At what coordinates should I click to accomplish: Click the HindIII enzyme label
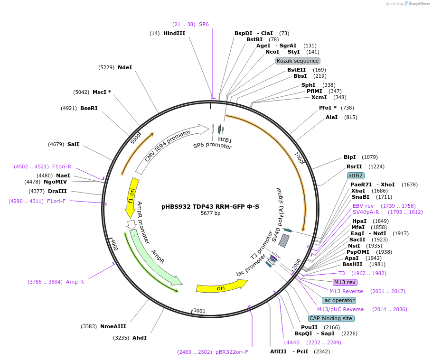pos(174,33)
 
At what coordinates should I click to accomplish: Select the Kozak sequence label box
pos(298,61)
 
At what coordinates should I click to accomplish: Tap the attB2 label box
pos(356,175)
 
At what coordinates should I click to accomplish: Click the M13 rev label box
pos(345,282)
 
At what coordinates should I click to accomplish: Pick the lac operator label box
pos(338,300)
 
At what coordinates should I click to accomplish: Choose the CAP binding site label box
pos(330,318)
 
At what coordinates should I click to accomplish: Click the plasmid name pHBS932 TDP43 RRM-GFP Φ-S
pos(211,206)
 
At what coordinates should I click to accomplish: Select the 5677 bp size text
pos(211,213)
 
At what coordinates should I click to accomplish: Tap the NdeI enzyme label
pos(125,67)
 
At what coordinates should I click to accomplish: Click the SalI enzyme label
pos(73,144)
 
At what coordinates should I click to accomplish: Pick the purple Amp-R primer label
pos(75,282)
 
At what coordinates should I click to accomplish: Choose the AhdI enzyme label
pos(140,338)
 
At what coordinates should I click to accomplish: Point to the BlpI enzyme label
pos(350,157)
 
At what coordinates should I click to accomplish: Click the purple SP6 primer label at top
pos(204,24)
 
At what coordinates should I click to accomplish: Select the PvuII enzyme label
pos(309,327)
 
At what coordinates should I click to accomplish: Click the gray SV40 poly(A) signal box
pos(284,240)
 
